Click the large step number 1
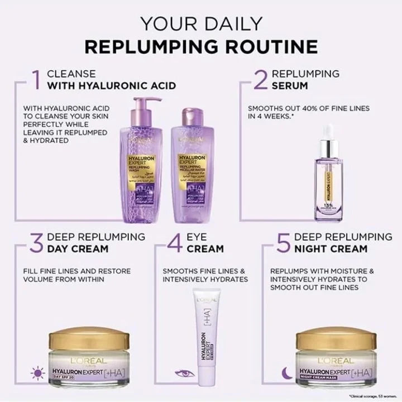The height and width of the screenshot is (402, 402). pyautogui.click(x=37, y=80)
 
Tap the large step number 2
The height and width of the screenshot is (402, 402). pyautogui.click(x=259, y=80)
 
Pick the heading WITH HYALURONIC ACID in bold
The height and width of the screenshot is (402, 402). pyautogui.click(x=111, y=86)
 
